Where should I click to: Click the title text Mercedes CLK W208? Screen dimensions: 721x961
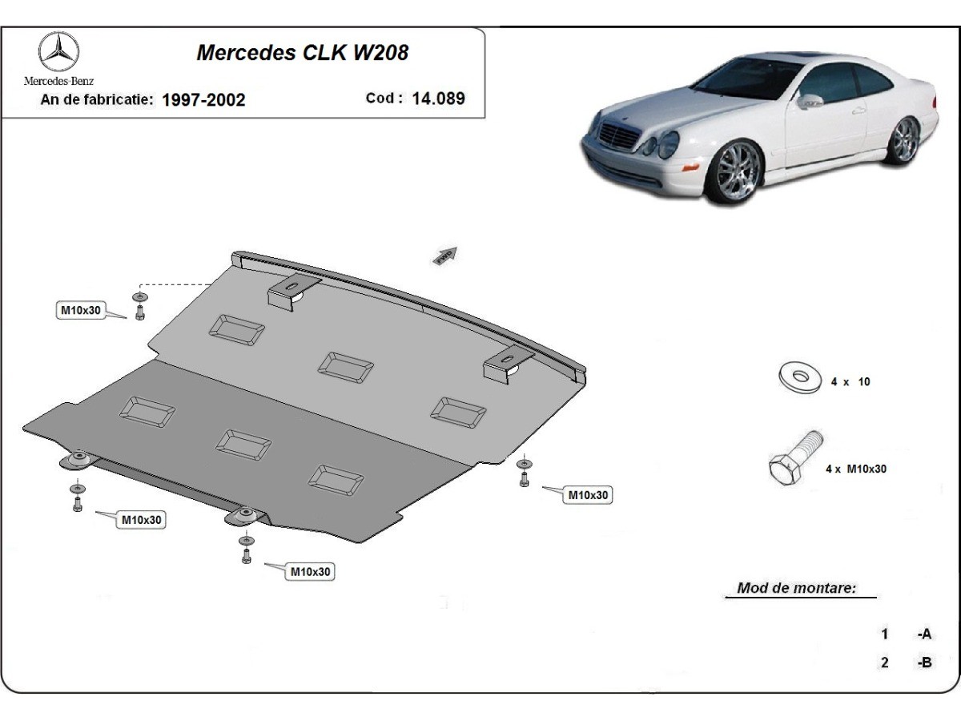pyautogui.click(x=302, y=53)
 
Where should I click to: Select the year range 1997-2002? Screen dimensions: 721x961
pyautogui.click(x=203, y=99)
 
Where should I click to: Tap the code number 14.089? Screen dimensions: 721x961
pyautogui.click(x=438, y=99)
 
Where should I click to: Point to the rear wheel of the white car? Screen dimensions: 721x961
pyautogui.click(x=906, y=139)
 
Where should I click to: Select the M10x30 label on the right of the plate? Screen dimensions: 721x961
pyautogui.click(x=589, y=495)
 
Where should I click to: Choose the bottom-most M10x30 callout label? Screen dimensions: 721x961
pyautogui.click(x=311, y=572)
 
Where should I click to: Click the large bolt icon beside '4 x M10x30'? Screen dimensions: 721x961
pyautogui.click(x=794, y=457)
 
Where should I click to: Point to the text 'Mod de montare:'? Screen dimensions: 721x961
pyautogui.click(x=796, y=588)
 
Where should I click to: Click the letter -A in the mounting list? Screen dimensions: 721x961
pyautogui.click(x=924, y=634)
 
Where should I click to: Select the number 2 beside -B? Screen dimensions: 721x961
pyautogui.click(x=884, y=663)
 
